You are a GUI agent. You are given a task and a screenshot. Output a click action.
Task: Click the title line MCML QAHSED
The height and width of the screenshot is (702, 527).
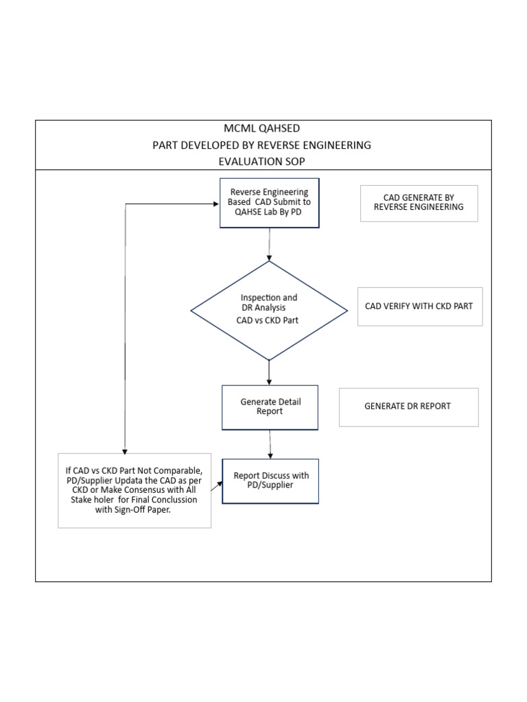[x=261, y=129]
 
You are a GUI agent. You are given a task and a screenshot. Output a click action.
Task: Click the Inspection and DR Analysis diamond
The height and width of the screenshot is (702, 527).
[x=269, y=310]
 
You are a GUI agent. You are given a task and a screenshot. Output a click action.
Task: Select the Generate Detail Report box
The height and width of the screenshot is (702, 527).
[x=270, y=407]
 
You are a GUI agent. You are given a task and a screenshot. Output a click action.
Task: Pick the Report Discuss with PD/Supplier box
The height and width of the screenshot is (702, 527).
[x=270, y=481]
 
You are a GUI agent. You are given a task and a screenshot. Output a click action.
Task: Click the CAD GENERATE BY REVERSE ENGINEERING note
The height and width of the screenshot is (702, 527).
[x=419, y=202]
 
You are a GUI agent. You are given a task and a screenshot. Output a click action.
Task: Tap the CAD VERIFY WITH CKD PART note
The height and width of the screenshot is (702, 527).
[x=419, y=306]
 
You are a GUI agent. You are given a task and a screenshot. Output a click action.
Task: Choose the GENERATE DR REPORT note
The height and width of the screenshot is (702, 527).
[x=408, y=407]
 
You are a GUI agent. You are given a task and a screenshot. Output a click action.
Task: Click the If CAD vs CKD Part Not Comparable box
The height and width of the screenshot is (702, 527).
[x=134, y=490]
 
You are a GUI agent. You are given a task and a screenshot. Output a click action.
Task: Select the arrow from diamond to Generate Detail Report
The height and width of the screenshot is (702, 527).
[x=269, y=372]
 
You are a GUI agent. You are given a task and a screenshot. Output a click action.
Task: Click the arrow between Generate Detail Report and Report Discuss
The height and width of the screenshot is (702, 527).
[x=270, y=444]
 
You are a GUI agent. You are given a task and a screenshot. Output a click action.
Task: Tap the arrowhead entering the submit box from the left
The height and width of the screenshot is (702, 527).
[x=214, y=204]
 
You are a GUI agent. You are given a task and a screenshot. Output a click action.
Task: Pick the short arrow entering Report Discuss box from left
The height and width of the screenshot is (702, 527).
[x=217, y=486]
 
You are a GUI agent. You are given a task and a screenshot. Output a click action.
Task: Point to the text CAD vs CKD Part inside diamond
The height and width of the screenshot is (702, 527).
[x=267, y=321]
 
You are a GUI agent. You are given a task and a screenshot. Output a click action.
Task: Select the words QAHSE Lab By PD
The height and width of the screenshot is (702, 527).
[x=268, y=213]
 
